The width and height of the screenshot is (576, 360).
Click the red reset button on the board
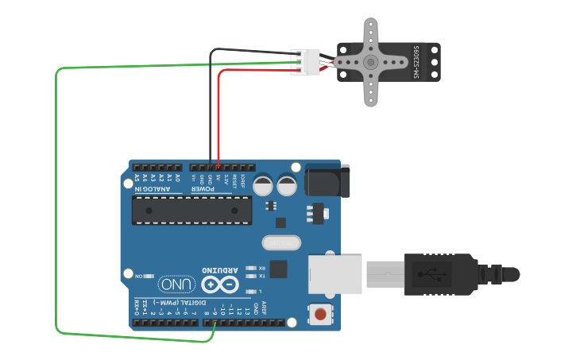[x=320, y=315]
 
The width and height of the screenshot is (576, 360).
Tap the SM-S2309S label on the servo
[x=416, y=62]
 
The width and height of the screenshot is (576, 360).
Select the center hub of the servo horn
[x=370, y=62]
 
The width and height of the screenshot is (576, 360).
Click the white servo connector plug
[x=310, y=62]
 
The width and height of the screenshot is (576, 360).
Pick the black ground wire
[x=211, y=103]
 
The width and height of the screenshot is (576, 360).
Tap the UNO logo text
[x=176, y=284]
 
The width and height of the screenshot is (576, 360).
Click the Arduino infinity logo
[x=220, y=284]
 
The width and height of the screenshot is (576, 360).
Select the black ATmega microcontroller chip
[x=191, y=210]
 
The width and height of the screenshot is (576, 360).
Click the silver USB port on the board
[x=334, y=274]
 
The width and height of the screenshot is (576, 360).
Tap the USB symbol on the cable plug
[x=436, y=275]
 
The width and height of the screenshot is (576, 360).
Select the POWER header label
[x=203, y=189]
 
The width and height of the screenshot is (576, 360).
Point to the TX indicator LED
[x=250, y=276]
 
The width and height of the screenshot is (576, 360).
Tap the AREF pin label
[x=265, y=308]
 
